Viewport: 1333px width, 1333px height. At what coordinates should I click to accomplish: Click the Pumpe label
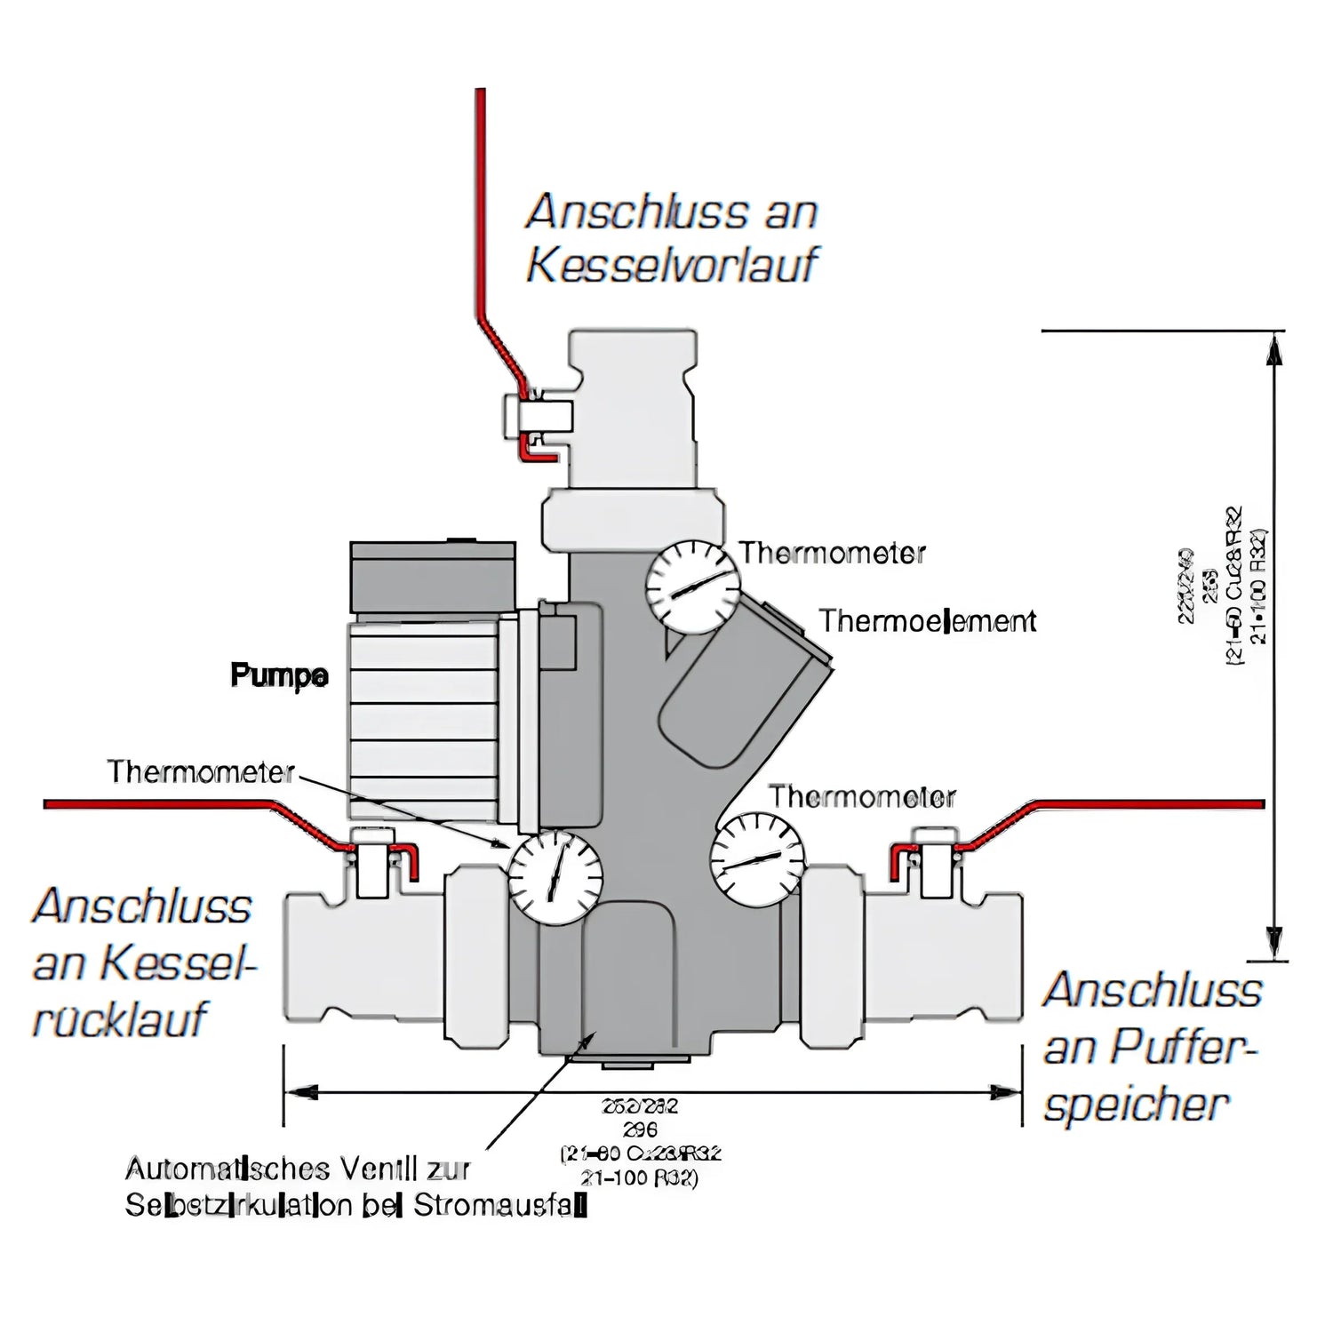(x=279, y=675)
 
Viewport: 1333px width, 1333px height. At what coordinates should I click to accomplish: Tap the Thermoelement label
(x=927, y=620)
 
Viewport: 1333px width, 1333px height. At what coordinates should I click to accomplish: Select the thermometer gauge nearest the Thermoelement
(x=692, y=588)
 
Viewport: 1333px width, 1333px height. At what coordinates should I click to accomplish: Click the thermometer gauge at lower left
(x=555, y=878)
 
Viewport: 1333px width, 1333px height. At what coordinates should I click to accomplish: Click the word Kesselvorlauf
(x=672, y=265)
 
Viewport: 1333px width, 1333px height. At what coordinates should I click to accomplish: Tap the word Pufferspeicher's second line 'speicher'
(x=1136, y=1105)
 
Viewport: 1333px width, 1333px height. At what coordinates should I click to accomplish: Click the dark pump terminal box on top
(x=433, y=578)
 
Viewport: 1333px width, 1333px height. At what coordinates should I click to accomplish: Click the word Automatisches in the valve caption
(x=227, y=1168)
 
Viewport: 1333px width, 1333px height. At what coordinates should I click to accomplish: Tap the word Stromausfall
(x=500, y=1206)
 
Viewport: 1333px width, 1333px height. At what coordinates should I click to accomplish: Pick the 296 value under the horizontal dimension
(x=640, y=1130)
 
